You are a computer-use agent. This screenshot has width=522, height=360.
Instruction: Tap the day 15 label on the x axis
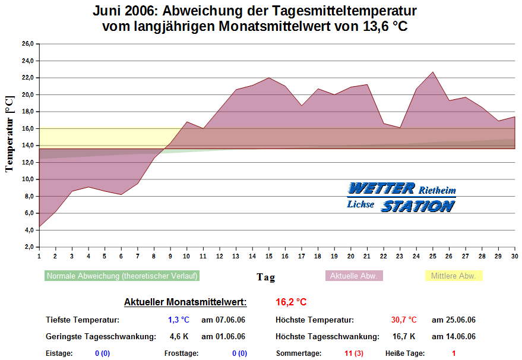click(x=268, y=256)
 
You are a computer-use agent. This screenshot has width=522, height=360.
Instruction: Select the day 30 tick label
click(x=514, y=256)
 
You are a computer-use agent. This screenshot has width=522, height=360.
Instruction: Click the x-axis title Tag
click(x=265, y=277)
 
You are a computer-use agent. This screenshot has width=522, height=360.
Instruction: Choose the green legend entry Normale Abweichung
click(x=122, y=276)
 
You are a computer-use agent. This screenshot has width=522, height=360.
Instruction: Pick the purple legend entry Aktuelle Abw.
click(x=354, y=276)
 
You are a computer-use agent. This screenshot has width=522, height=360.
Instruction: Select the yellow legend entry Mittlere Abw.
click(x=454, y=276)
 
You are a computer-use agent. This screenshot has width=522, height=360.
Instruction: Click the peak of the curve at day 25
click(x=433, y=72)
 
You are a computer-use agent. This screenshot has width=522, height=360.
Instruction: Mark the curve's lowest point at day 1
click(x=39, y=227)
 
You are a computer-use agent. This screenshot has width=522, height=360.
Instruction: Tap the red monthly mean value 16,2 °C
click(x=291, y=302)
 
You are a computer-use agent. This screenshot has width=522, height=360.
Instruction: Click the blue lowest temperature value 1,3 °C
click(x=178, y=320)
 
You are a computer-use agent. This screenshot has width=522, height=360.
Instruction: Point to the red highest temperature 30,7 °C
click(x=404, y=320)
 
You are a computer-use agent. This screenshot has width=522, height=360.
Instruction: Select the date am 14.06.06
click(x=454, y=337)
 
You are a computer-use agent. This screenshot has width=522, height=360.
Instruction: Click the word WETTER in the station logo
click(x=381, y=189)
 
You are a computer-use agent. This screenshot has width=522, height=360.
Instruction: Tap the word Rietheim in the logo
click(x=438, y=191)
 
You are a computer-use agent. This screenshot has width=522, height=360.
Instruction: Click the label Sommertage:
click(x=299, y=353)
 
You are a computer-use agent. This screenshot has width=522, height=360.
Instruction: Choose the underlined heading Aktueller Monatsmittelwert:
click(x=185, y=302)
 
